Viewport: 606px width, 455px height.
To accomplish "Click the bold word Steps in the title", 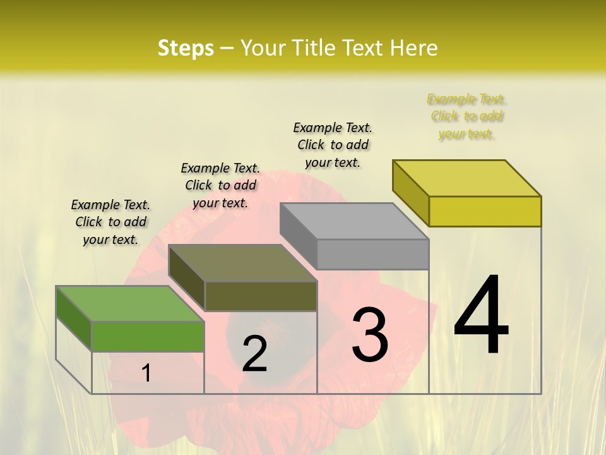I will click(186, 48).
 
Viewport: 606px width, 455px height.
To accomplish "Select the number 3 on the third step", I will click(370, 334).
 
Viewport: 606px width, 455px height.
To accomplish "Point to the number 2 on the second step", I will click(255, 354).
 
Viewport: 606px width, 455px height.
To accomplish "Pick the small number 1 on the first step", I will click(146, 373).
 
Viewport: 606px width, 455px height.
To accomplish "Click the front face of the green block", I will click(148, 336).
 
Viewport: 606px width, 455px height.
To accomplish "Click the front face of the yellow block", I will click(485, 211).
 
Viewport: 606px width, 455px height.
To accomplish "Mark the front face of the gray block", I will click(372, 254).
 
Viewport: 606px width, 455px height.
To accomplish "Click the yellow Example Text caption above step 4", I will click(466, 116).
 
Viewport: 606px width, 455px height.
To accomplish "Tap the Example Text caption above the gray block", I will click(333, 145).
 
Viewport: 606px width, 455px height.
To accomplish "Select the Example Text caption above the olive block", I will click(220, 185).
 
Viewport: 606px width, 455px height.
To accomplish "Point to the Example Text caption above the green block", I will click(110, 222).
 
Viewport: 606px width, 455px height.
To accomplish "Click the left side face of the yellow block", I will click(410, 193).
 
